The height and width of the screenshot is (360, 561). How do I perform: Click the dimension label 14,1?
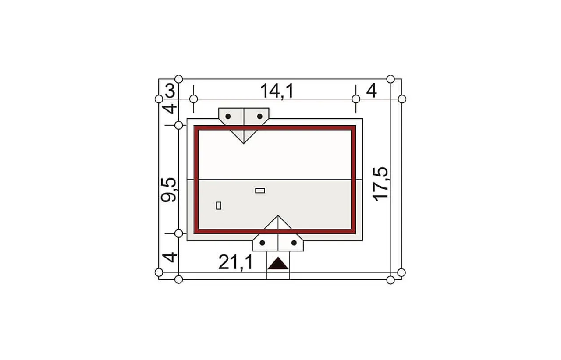(x=277, y=91)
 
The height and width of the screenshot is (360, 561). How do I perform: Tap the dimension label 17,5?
(x=380, y=184)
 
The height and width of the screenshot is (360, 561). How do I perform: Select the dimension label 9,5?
(x=169, y=190)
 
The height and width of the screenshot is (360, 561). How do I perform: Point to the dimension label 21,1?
(x=235, y=263)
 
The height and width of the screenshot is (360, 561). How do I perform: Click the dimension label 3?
(x=170, y=91)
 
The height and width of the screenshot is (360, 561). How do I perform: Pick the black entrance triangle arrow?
(x=278, y=263)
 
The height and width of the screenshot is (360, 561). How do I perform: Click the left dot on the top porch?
(x=228, y=116)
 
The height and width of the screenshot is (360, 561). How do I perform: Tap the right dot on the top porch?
(x=260, y=116)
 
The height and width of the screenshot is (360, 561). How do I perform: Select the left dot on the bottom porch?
(x=262, y=243)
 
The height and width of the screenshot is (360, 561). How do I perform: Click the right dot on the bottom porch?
(x=294, y=243)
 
